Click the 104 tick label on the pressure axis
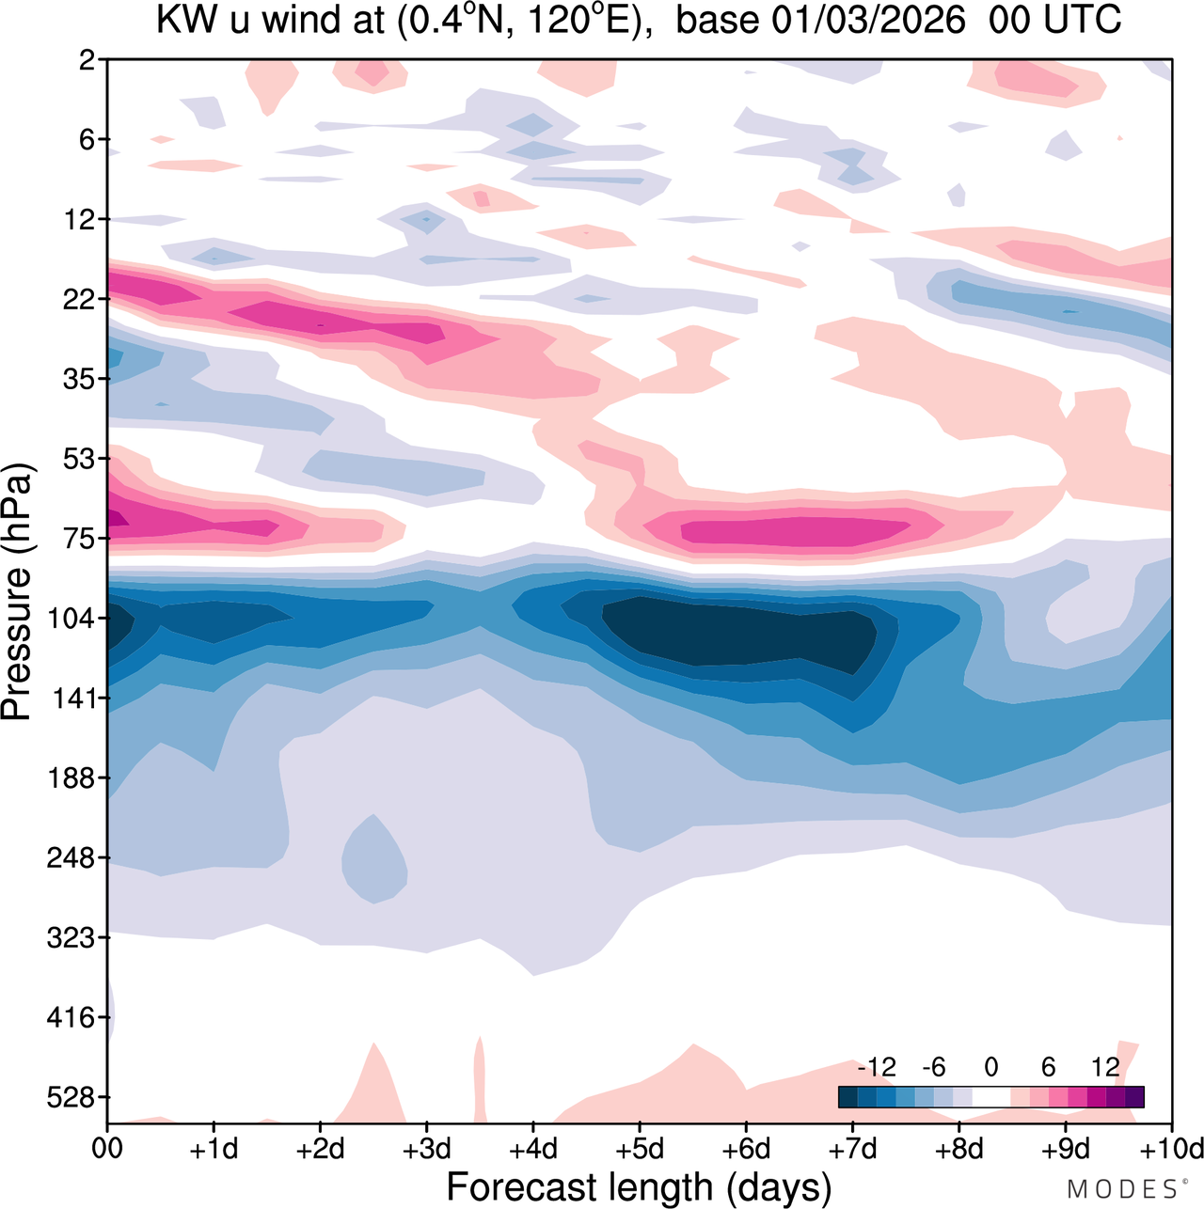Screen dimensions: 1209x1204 [x=78, y=619]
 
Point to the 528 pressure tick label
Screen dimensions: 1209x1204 [x=78, y=1097]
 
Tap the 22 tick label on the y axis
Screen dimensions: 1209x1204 [x=85, y=300]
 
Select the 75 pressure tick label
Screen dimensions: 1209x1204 [x=85, y=539]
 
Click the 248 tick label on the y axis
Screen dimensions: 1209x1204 [x=78, y=858]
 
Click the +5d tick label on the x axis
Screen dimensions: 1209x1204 [x=640, y=1150]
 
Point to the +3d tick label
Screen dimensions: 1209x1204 [x=427, y=1150]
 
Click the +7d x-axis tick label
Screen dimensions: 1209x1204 [x=853, y=1150]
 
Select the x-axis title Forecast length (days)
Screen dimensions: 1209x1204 [x=639, y=1187]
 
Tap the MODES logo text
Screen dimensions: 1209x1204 [x=1121, y=1190]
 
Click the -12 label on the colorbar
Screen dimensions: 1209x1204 [x=876, y=1067]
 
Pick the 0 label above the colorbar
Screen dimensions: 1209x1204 [x=991, y=1067]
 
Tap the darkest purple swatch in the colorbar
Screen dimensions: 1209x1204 [x=1134, y=1097]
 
